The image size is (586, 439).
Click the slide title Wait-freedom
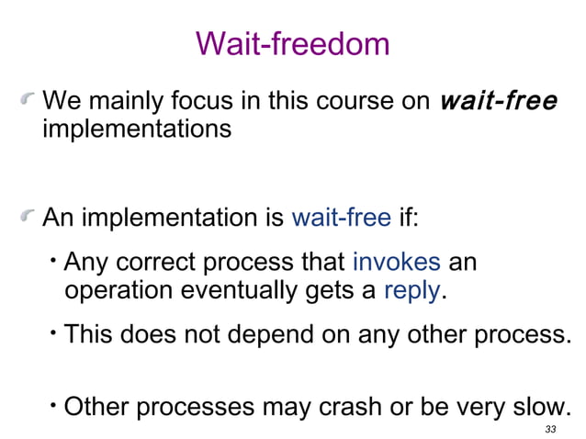coord(293,43)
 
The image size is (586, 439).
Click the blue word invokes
coord(396,262)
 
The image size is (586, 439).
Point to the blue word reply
coord(412,291)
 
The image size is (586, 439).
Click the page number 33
coord(550,429)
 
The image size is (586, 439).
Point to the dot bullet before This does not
coord(55,328)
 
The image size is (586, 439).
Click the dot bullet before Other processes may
coord(55,400)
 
